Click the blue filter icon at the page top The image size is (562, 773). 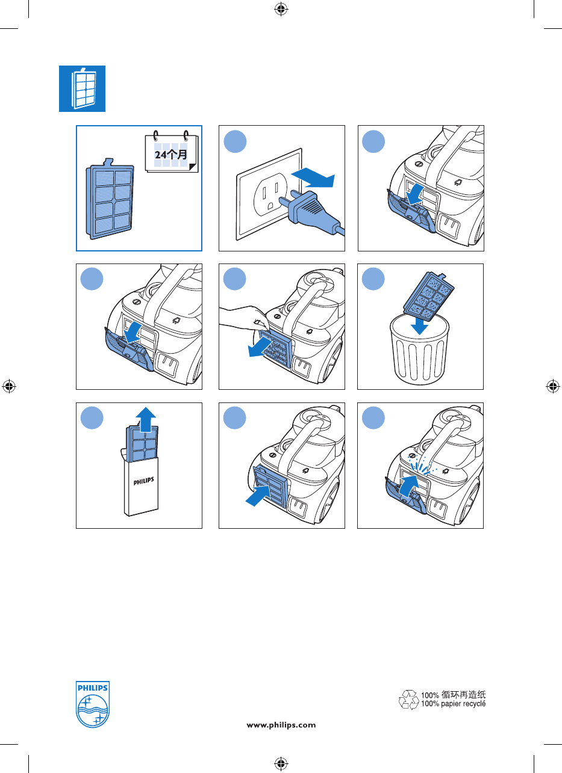[x=82, y=88]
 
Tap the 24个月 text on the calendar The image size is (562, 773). [x=170, y=154]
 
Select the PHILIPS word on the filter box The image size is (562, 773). [x=143, y=481]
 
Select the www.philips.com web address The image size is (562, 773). [x=281, y=725]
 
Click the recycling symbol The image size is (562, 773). [x=409, y=699]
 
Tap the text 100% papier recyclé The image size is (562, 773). [x=453, y=703]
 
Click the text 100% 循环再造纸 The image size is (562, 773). [x=453, y=694]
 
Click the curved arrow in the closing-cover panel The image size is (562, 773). [x=408, y=485]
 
